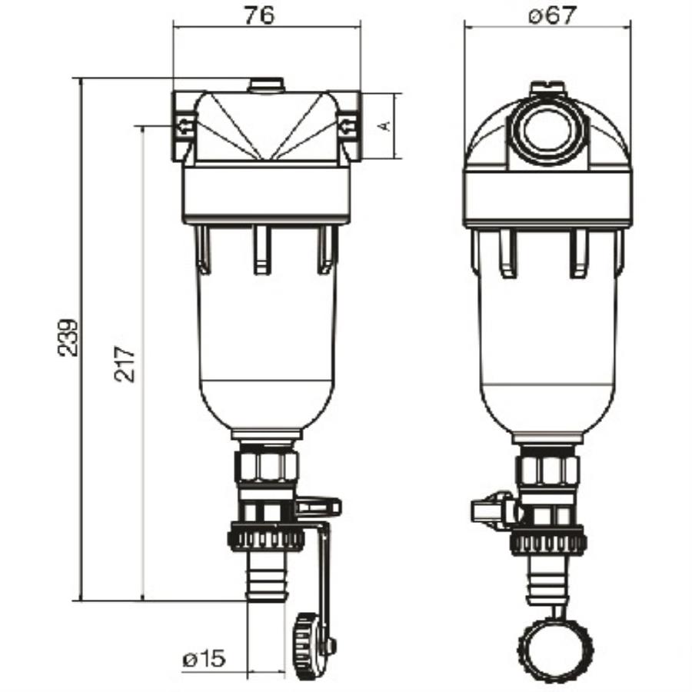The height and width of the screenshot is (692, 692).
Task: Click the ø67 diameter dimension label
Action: click(551, 16)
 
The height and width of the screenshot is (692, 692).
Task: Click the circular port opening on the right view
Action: click(547, 129)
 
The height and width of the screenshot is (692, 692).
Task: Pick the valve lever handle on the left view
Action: click(318, 506)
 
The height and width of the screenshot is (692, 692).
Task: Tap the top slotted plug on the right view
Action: click(547, 88)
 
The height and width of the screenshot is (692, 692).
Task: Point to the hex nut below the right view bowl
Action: click(547, 470)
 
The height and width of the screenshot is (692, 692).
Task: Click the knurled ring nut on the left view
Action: click(266, 537)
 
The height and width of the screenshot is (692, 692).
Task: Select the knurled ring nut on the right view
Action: click(547, 541)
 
